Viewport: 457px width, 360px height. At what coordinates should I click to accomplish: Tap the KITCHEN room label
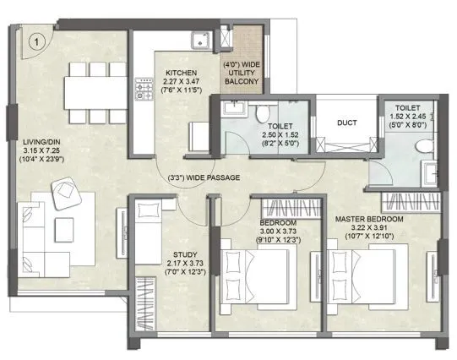182,73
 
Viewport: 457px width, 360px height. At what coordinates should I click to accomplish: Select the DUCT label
346,123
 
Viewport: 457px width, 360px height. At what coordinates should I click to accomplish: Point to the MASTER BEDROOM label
368,219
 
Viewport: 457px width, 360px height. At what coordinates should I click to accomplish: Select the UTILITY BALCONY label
240,74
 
